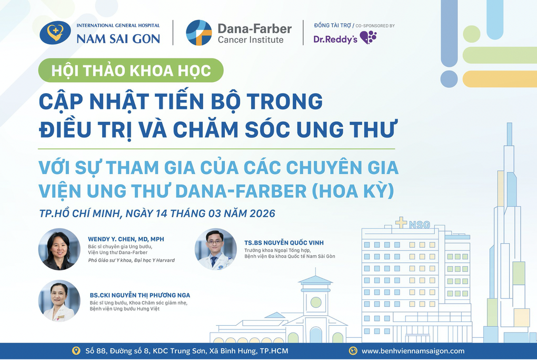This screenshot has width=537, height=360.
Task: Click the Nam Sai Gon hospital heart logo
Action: (55, 33)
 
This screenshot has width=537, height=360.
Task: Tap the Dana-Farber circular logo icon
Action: (199, 33)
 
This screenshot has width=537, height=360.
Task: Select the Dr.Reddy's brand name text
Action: (335, 39)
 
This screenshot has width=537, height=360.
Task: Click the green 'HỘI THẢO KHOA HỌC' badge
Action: (131, 71)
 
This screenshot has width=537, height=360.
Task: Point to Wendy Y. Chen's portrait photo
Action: (59, 249)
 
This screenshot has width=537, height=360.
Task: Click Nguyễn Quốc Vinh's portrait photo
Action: (215, 249)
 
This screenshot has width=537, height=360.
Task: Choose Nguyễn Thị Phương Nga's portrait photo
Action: (59, 301)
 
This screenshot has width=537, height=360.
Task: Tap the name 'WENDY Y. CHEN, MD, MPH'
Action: (126, 239)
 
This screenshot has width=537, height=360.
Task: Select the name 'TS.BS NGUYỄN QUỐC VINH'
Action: (284, 243)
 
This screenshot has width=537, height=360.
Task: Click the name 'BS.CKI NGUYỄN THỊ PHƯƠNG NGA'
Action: (140, 295)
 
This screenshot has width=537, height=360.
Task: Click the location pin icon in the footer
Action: (76, 351)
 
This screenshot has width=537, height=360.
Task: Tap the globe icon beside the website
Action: (353, 351)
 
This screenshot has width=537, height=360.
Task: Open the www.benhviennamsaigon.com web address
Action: (413, 351)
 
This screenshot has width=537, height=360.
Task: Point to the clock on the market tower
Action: (315, 302)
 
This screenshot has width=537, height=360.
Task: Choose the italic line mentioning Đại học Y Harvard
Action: (131, 260)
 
